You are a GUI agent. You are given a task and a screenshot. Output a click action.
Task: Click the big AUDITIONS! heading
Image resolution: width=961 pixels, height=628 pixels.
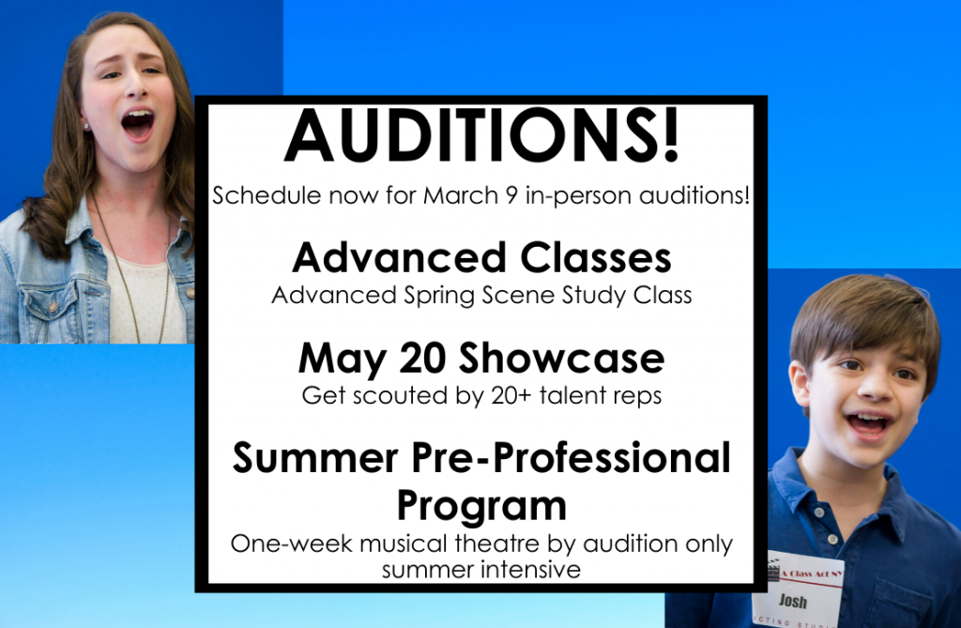(481, 135)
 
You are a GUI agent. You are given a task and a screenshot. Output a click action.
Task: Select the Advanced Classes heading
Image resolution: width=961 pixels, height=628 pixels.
(481, 257)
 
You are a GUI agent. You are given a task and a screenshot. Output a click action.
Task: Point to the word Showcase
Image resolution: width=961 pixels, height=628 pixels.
(562, 358)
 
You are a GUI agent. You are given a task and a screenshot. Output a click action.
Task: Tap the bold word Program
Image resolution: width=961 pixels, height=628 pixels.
(481, 507)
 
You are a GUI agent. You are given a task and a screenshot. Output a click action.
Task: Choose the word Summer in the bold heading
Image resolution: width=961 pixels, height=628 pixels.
(315, 457)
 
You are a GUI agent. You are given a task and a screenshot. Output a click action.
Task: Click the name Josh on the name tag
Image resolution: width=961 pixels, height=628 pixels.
(792, 601)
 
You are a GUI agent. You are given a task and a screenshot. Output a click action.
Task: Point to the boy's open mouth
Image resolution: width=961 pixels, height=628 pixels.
(867, 423)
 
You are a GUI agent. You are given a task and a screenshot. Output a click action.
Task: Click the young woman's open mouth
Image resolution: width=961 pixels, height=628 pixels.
(137, 124)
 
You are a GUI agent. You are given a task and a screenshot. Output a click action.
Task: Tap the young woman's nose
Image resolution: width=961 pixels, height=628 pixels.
(135, 85)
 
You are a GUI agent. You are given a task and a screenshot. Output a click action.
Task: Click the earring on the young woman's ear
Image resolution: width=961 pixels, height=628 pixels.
(86, 127)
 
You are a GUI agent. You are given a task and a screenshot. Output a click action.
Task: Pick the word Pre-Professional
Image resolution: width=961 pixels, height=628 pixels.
(571, 457)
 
